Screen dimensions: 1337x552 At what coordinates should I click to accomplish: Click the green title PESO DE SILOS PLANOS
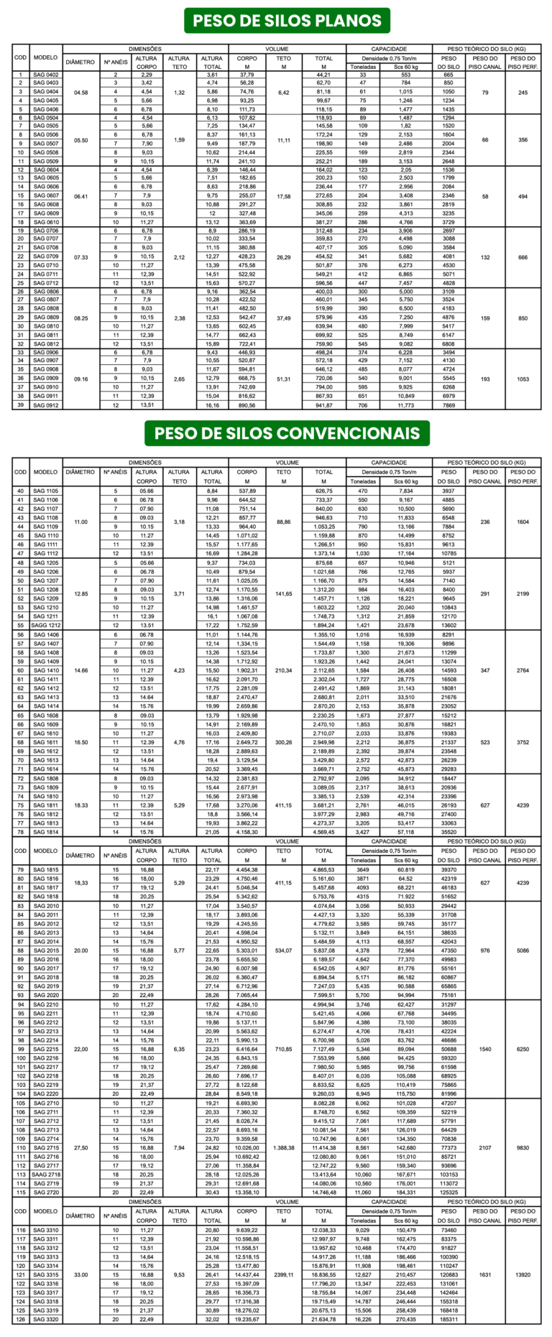[x=287, y=20]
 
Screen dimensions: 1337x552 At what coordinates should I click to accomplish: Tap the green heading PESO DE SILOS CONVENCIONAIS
[x=287, y=433]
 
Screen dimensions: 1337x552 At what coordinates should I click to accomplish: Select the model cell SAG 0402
[x=46, y=75]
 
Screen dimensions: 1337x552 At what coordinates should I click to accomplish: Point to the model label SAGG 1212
[x=46, y=626]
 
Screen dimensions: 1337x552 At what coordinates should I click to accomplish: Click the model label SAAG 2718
[x=46, y=1175]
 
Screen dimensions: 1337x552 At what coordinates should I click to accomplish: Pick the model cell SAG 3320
[x=46, y=1320]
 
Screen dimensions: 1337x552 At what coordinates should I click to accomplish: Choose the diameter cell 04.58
[x=80, y=93]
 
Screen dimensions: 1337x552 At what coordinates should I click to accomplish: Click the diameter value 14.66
[x=80, y=670]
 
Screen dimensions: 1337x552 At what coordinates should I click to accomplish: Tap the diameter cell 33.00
[x=80, y=1275]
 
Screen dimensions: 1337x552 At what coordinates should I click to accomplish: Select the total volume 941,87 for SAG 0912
[x=324, y=405]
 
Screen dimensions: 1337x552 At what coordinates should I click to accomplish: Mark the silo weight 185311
[x=448, y=1320]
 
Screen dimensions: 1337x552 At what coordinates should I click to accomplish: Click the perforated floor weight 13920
[x=523, y=1275]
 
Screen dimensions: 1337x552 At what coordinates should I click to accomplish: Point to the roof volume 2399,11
[x=284, y=1275]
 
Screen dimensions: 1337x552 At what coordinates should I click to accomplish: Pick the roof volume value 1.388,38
[x=284, y=1148]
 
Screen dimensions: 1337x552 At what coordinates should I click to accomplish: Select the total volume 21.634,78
[x=324, y=1320]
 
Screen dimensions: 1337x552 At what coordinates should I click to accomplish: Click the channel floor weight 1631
[x=485, y=1275]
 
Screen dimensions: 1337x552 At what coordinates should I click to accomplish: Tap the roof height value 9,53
[x=179, y=1275]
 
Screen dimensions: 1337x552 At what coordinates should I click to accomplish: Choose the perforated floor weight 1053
[x=523, y=379]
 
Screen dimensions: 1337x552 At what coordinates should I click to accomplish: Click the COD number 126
[x=20, y=1320]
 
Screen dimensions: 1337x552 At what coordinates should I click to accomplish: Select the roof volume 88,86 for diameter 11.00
[x=284, y=522]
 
